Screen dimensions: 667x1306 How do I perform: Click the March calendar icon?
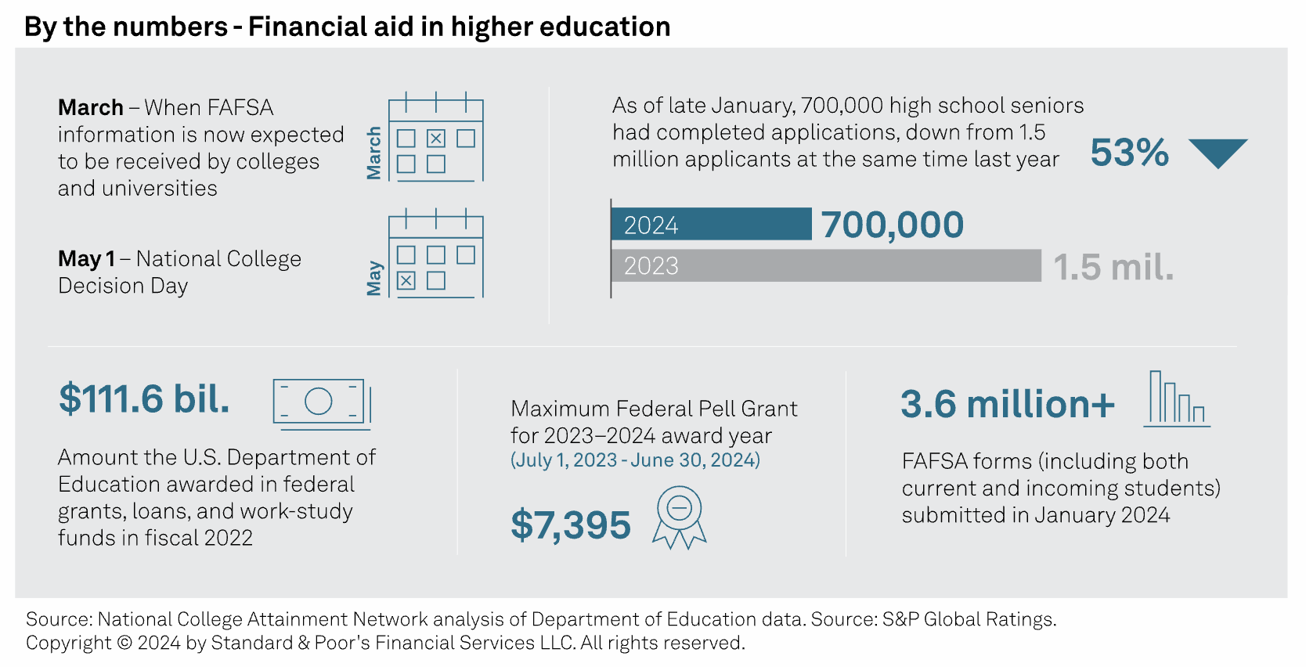[435, 139]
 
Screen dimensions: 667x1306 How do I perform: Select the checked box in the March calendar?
[436, 139]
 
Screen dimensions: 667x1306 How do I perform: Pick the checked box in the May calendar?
[406, 280]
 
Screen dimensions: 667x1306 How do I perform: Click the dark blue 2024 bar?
[711, 225]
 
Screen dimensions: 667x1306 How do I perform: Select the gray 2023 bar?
[826, 266]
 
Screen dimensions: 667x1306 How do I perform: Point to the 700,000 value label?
[893, 225]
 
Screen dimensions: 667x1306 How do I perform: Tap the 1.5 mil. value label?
[1113, 267]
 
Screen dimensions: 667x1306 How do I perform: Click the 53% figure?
[1129, 153]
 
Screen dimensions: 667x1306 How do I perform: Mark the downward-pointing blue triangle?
[1218, 152]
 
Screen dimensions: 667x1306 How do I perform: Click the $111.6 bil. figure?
[144, 398]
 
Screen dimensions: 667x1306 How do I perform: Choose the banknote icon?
[321, 403]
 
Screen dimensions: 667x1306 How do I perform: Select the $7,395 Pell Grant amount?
[571, 525]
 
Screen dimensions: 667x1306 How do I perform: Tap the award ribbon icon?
[679, 517]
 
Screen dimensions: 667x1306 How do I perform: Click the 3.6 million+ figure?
[1008, 404]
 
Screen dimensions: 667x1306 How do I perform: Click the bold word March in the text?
[91, 107]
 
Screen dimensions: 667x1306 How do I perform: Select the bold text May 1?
[86, 258]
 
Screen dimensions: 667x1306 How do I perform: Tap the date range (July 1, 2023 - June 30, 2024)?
[635, 460]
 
